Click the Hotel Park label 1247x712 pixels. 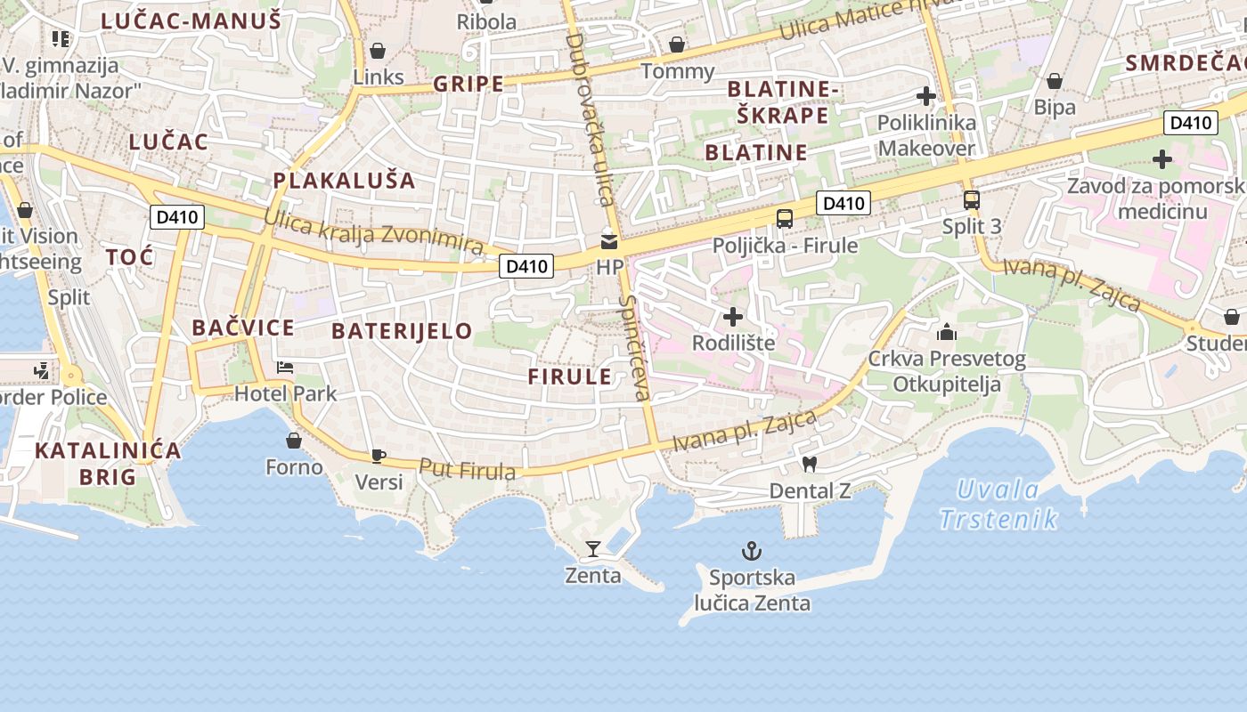point(285,392)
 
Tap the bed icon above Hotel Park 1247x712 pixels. point(285,367)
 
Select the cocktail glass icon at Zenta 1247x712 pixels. point(593,548)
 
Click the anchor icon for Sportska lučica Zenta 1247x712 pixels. point(752,551)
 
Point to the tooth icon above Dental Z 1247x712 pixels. point(810,464)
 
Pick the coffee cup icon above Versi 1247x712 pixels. point(379,456)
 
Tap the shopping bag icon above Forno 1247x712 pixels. point(294,441)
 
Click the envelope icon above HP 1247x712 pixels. point(609,240)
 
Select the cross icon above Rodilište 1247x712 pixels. point(733,316)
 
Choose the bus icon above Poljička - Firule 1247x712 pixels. point(785,218)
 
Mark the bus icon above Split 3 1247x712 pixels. point(972,200)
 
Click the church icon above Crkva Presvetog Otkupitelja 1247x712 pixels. point(947,332)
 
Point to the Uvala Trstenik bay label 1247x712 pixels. point(998,504)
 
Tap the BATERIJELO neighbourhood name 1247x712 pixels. point(402,331)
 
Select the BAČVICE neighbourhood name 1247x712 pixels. point(243,328)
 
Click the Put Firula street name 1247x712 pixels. point(467,469)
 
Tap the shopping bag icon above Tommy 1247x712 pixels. point(677,44)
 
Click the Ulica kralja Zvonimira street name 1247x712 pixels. point(374,231)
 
